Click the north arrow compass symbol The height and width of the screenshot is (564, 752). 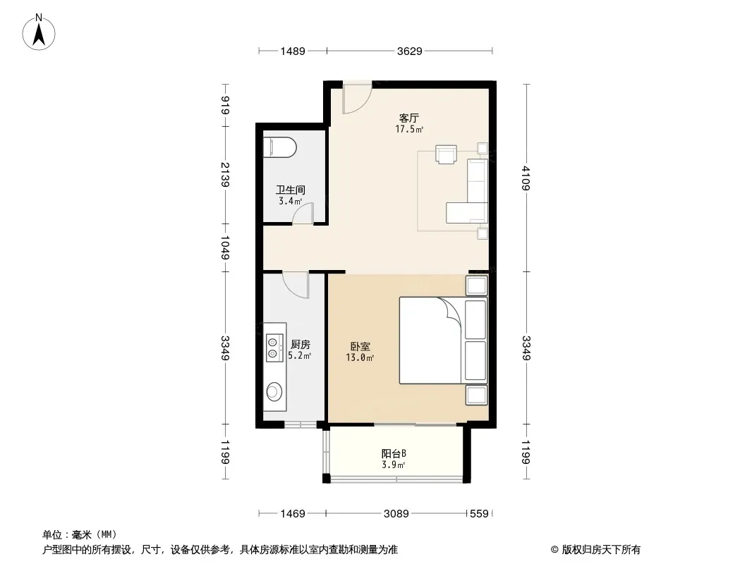pos(39,32)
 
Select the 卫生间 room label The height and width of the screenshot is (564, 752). pos(290,190)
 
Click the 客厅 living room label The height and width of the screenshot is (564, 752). pos(409,118)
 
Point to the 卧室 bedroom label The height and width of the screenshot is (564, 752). pos(360,346)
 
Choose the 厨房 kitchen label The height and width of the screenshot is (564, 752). pos(301,344)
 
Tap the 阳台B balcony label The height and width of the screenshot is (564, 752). pos(394,453)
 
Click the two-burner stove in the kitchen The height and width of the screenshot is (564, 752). pos(272,348)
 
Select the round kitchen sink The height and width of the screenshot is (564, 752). pos(274,391)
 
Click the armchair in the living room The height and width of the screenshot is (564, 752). pos(446,154)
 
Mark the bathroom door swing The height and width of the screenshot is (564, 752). pos(303,213)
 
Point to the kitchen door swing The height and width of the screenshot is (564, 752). pos(296,285)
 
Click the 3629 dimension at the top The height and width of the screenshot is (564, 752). pos(410,51)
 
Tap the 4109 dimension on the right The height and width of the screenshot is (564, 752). pos(526,178)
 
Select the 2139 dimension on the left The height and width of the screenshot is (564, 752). pos(225,174)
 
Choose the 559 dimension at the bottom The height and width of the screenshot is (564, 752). pos(479,514)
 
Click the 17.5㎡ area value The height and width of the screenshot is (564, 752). pos(409,129)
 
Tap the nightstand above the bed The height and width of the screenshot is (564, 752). pos(477,286)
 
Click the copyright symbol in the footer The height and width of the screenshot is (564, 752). pos(555,550)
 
